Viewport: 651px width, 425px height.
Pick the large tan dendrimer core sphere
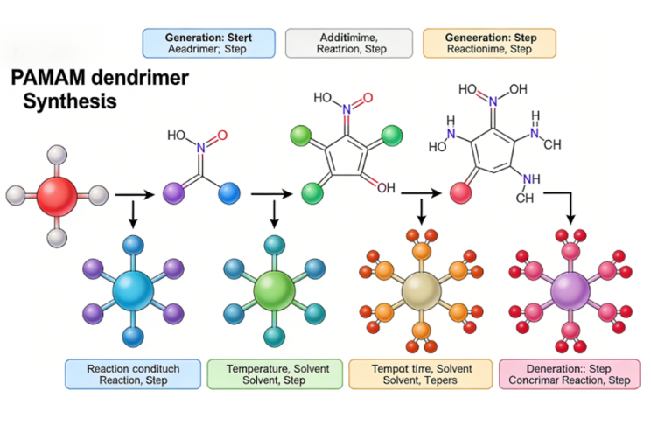coord(421,288)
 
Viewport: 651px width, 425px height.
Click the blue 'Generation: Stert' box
coord(208,43)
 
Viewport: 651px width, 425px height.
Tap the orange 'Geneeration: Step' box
coord(488,43)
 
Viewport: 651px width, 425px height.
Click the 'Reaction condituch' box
coord(133,374)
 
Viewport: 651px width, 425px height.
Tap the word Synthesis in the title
coord(70,101)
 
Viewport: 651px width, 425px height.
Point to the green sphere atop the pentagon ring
coord(299,135)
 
